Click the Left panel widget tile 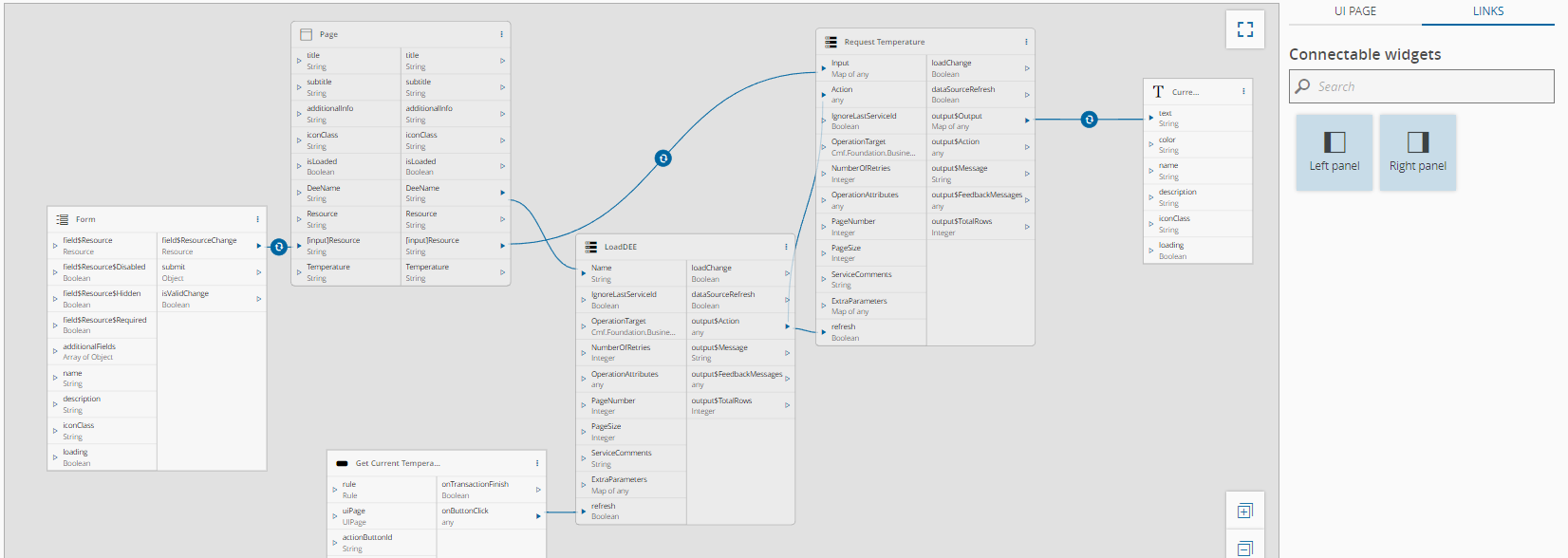1334,153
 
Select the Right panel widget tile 1417,153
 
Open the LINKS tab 1487,11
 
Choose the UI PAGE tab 1354,11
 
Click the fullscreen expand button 1245,29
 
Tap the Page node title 328,34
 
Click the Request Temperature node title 884,42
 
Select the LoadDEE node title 621,247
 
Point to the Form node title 85,219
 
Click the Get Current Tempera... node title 397,463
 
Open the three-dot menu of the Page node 501,34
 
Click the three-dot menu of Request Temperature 1026,42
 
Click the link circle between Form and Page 279,247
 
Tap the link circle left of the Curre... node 1089,120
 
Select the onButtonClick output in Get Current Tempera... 465,512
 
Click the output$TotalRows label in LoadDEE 721,401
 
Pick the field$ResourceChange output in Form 199,241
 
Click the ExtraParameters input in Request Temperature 859,302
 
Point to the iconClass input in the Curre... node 1174,219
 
